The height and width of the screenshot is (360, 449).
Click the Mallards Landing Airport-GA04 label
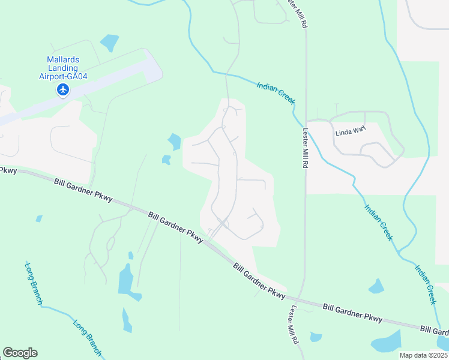point(63,68)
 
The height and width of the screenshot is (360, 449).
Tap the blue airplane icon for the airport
point(63,90)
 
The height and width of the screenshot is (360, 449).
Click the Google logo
point(20,353)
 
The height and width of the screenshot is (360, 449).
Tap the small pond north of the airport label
point(110,43)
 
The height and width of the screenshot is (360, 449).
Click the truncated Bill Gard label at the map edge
point(434,331)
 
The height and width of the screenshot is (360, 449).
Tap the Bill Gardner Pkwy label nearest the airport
point(83,190)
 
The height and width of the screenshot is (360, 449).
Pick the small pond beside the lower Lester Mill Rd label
point(315,337)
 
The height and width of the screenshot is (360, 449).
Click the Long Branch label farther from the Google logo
point(34,283)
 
